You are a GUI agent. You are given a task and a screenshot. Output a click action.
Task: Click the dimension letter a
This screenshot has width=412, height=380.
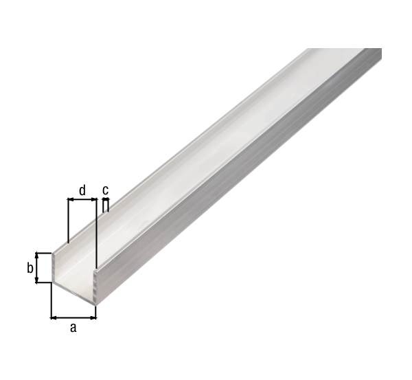[73, 328]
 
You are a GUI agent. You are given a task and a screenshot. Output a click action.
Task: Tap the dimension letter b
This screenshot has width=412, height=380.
[30, 268]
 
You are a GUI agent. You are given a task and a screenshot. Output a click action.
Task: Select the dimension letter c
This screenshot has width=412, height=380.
[105, 190]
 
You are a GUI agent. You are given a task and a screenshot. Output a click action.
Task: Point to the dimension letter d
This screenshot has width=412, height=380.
[82, 190]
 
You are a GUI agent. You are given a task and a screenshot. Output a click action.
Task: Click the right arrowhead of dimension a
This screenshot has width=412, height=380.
[93, 318]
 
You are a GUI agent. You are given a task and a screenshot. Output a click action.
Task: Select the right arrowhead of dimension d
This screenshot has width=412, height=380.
[94, 200]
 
